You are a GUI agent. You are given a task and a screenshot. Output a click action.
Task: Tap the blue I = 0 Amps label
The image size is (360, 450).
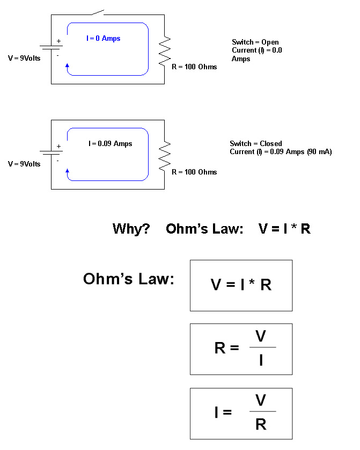click(104, 39)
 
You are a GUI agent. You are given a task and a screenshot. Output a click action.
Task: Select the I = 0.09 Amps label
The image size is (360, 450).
click(111, 143)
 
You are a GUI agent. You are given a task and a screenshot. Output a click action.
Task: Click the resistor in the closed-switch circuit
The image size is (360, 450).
click(166, 154)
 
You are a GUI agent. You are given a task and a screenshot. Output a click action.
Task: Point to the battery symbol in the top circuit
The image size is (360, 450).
click(52, 47)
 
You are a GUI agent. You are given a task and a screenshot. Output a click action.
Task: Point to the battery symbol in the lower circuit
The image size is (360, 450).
click(52, 153)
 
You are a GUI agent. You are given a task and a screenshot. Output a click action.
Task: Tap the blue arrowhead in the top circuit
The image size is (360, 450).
click(67, 67)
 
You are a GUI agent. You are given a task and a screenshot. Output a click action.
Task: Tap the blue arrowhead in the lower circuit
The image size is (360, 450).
click(67, 171)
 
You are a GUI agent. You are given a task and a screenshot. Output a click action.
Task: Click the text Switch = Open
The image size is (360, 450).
click(255, 42)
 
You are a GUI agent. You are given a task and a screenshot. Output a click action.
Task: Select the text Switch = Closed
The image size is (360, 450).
click(255, 143)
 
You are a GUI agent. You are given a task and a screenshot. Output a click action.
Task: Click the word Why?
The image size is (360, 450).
click(131, 229)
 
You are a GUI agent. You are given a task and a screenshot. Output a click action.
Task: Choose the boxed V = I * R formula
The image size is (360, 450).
click(241, 285)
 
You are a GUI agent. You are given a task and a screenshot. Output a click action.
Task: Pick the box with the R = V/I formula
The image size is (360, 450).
click(241, 349)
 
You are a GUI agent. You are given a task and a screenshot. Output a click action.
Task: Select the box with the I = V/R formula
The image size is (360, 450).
click(241, 413)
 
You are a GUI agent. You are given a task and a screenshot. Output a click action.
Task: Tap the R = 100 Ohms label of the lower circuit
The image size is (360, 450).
click(194, 172)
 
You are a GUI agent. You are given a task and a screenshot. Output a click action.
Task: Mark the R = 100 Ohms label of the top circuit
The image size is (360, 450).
click(194, 67)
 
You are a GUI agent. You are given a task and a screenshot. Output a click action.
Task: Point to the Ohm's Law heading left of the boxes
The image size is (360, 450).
click(129, 279)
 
